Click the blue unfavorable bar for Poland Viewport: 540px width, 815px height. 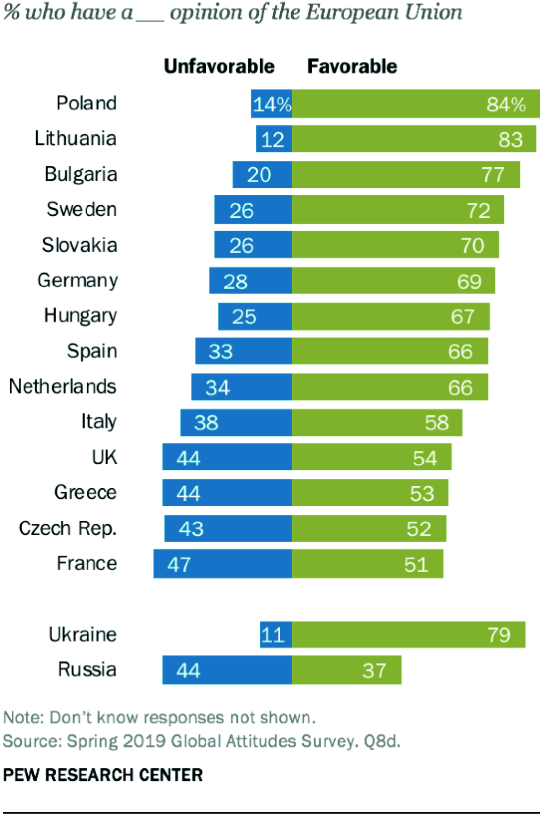271,104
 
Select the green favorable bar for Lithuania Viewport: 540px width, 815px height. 414,139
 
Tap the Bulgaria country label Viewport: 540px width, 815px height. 81,174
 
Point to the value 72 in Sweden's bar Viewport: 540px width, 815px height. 478,211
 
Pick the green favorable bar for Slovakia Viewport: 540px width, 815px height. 395,245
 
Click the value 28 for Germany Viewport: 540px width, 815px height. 235,282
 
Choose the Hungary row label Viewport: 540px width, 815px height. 80,316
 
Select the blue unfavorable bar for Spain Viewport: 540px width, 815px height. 243,351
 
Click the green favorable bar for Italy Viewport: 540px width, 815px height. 377,423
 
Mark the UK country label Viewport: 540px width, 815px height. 104,457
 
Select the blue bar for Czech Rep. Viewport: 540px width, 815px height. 228,529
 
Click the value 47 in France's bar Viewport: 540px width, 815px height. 179,565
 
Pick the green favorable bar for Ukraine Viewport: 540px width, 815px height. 408,635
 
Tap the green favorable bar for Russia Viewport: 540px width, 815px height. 347,670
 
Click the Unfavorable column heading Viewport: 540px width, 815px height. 219,66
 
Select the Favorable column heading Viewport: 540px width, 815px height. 352,66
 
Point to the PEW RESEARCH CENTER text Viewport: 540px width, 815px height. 103,775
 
